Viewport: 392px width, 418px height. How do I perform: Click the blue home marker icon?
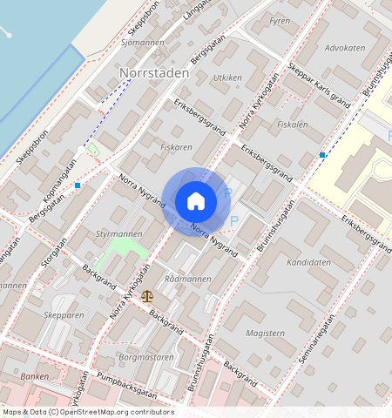196,201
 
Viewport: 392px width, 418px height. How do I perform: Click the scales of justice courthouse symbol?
147,296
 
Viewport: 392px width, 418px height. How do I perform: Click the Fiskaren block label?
176,147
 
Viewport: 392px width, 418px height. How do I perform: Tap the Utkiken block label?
227,78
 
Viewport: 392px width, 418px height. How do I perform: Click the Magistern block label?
266,332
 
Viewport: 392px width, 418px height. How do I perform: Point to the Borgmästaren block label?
146,357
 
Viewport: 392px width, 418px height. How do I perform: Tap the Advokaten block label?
344,48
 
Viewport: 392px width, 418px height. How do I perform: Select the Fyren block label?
280,19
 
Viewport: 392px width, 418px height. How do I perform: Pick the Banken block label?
35,376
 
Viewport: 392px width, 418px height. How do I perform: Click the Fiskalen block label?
292,125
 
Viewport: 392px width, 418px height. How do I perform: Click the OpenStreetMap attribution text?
87,412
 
